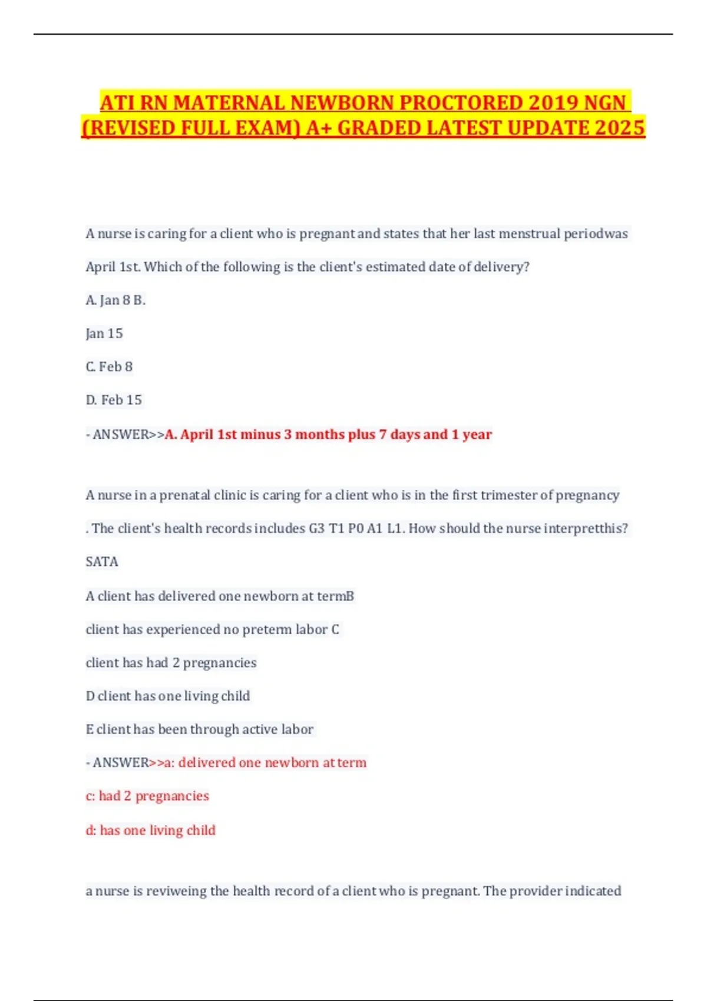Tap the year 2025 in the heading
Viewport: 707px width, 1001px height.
pos(620,128)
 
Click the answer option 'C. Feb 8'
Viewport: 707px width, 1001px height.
pos(109,367)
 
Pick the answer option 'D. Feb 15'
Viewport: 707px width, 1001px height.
pos(114,400)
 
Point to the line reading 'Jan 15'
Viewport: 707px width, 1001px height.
pos(104,334)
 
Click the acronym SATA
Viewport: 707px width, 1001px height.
pos(102,562)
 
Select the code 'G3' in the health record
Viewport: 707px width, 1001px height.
pos(317,529)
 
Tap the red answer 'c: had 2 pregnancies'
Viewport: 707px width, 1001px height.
pos(147,796)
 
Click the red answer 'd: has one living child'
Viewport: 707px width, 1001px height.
pos(151,830)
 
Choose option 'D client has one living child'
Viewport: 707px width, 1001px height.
pos(168,696)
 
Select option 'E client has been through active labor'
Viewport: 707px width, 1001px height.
pos(200,730)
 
